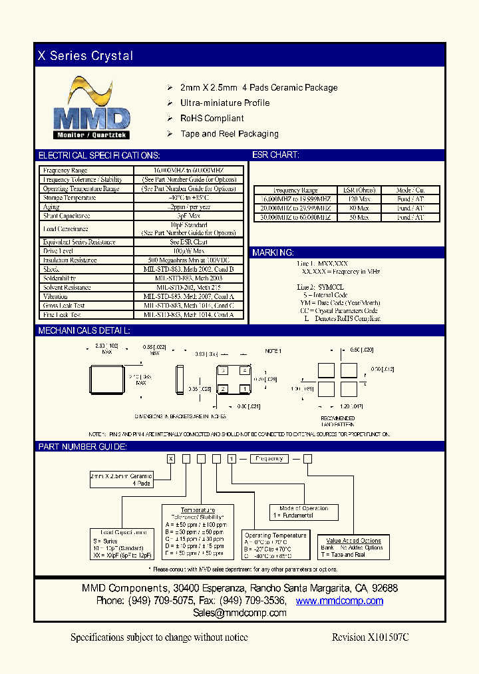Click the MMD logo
pyautogui.click(x=92, y=108)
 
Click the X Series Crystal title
pyautogui.click(x=85, y=56)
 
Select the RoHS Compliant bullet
pyautogui.click(x=212, y=119)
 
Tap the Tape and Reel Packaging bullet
pyautogui.click(x=229, y=134)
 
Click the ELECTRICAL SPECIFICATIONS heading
pyautogui.click(x=99, y=155)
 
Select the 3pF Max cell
pyautogui.click(x=189, y=216)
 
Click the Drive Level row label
pyautogui.click(x=59, y=251)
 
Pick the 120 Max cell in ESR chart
pyautogui.click(x=359, y=199)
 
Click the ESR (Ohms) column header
pyautogui.click(x=359, y=190)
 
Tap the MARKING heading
pyautogui.click(x=273, y=253)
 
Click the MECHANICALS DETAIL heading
pyautogui.click(x=84, y=330)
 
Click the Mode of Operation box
pyautogui.click(x=303, y=512)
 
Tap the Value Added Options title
pyautogui.click(x=353, y=541)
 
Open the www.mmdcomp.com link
pyautogui.click(x=339, y=601)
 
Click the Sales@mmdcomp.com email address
pyautogui.click(x=239, y=613)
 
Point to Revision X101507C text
pyautogui.click(x=370, y=637)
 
